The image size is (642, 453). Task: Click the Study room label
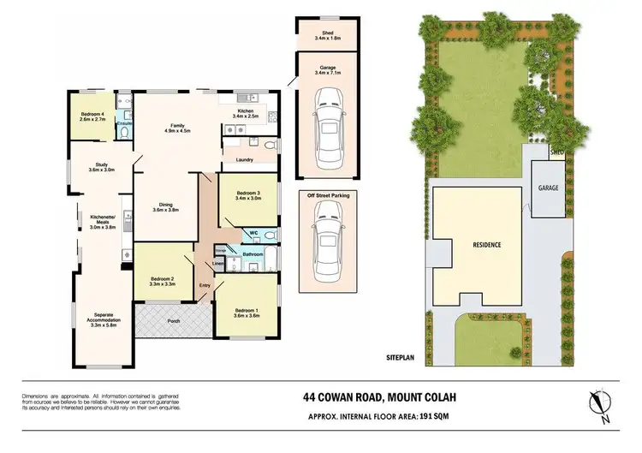[x=102, y=167]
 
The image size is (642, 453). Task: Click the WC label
[x=253, y=232]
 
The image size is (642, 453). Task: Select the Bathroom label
[x=252, y=254]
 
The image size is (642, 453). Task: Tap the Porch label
[x=174, y=322]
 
